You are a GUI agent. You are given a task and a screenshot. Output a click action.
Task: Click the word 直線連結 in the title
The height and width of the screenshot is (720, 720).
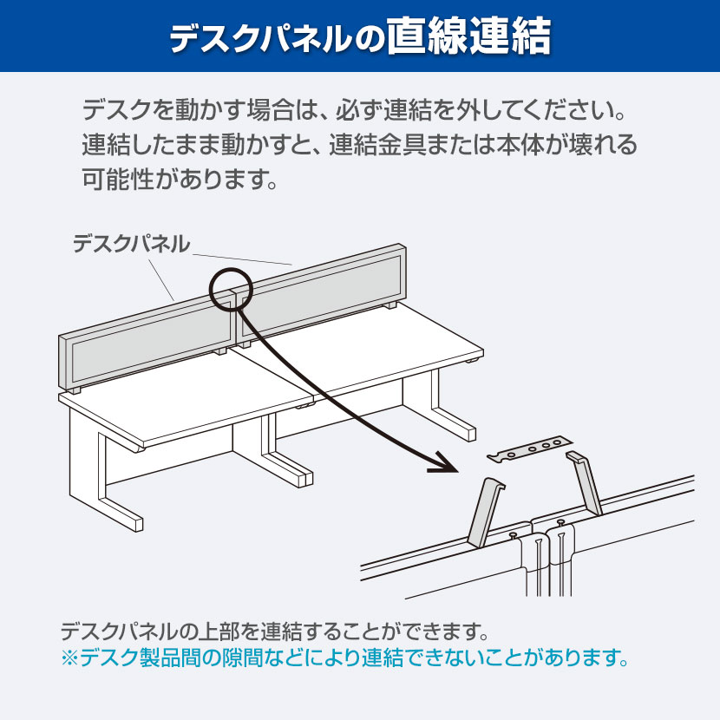coord(468,36)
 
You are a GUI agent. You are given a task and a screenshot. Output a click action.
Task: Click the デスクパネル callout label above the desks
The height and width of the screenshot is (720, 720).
coord(131,244)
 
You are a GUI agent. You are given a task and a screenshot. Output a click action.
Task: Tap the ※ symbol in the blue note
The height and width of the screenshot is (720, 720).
coord(69,658)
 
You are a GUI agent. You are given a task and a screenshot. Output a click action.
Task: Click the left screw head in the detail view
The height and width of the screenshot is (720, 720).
coord(513,534)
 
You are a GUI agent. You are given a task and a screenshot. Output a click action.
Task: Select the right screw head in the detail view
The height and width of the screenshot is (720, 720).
coord(560,521)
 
